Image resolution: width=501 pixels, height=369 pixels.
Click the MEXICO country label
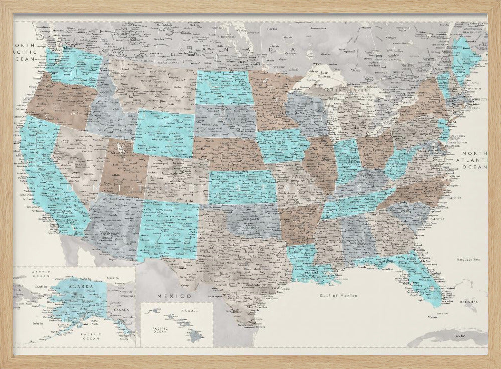pyautogui.click(x=168, y=296)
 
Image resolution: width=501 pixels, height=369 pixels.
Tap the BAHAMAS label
pyautogui.click(x=469, y=302)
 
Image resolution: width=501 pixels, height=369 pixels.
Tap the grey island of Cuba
pyautogui.click(x=446, y=340)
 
